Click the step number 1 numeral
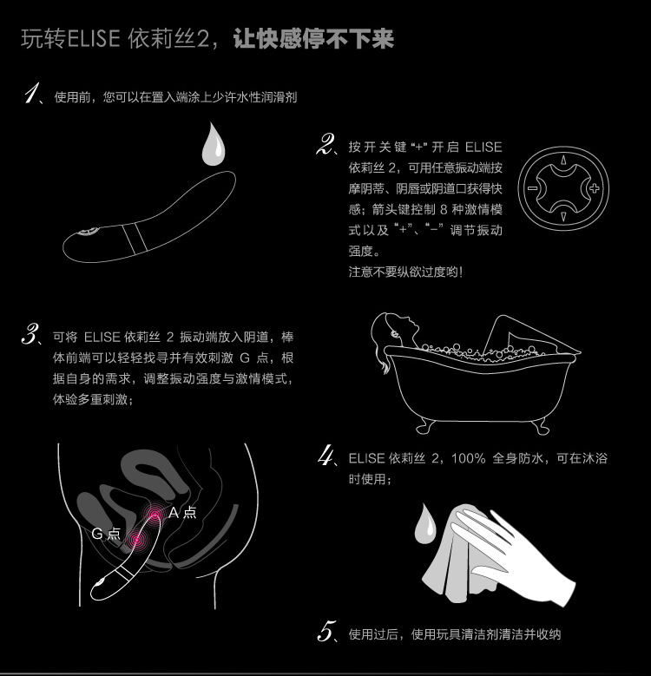point(32,95)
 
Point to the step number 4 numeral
point(326,456)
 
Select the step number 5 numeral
point(326,632)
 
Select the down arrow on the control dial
point(562,217)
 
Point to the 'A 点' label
point(182,512)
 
